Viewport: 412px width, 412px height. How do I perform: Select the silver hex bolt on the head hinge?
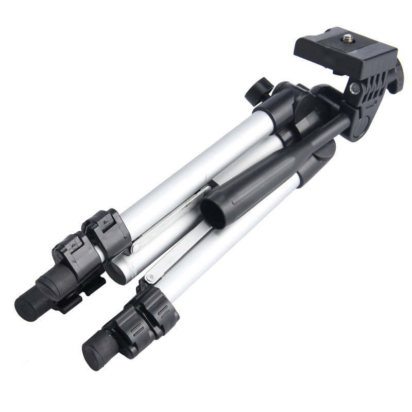[354, 89]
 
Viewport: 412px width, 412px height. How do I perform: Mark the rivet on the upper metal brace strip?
[135, 249]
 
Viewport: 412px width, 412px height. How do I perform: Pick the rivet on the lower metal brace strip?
[150, 278]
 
